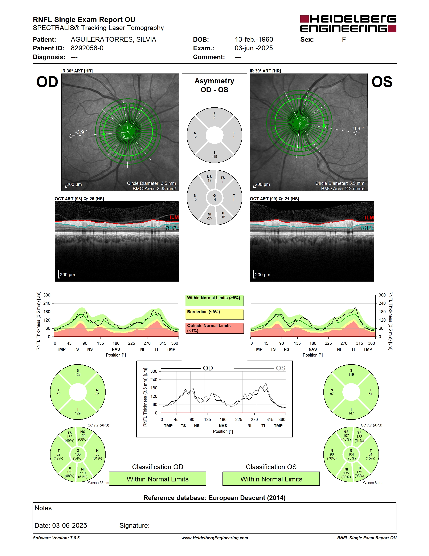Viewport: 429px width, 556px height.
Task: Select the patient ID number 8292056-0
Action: click(x=87, y=48)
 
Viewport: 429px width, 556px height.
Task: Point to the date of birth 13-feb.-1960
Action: click(x=254, y=39)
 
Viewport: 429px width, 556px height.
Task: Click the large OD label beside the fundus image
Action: click(x=47, y=82)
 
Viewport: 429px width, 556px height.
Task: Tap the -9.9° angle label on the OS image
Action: click(x=357, y=128)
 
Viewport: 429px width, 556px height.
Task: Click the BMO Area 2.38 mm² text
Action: click(x=154, y=189)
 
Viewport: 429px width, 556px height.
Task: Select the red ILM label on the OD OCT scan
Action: click(x=174, y=217)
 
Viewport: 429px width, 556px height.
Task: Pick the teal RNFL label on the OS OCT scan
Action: click(x=367, y=228)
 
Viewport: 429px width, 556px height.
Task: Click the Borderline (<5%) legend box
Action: click(x=214, y=314)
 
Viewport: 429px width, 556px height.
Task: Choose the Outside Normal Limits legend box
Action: click(x=214, y=328)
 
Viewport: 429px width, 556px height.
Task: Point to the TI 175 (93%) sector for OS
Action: click(x=359, y=472)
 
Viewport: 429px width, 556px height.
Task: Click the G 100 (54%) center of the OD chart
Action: click(x=78, y=454)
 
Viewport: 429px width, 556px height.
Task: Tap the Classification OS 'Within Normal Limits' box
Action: click(x=271, y=479)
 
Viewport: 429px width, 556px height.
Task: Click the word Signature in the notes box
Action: click(x=134, y=525)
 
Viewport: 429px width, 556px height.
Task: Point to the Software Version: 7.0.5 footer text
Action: click(x=56, y=538)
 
